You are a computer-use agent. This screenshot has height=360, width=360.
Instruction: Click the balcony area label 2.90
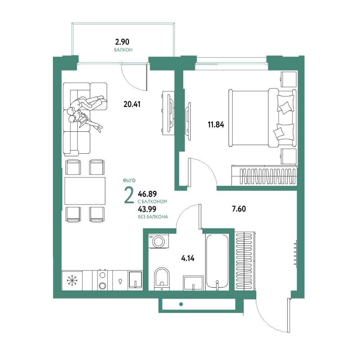122,42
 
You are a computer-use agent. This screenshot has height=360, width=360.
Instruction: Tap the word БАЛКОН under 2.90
123,50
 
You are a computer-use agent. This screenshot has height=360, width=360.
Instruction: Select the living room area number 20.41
132,104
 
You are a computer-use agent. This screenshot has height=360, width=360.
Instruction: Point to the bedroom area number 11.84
216,125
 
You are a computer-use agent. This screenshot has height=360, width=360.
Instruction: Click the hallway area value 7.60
239,209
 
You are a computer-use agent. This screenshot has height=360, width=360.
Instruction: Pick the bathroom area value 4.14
188,258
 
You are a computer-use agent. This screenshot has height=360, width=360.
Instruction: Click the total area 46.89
147,194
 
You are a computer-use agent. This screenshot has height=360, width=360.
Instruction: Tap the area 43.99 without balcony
147,209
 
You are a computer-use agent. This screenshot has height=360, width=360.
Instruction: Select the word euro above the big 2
129,180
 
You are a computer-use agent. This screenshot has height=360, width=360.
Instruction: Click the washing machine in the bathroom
158,241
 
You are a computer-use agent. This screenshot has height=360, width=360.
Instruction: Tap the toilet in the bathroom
162,278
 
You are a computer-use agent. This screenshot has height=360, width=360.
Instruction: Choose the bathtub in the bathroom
217,261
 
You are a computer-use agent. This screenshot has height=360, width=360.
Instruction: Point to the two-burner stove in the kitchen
102,280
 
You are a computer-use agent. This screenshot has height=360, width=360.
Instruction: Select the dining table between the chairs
85,191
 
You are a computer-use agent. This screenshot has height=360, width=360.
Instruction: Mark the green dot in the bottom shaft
181,305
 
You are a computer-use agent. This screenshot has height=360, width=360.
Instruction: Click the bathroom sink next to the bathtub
193,283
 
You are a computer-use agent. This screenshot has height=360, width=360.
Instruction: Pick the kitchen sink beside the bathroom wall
135,280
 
